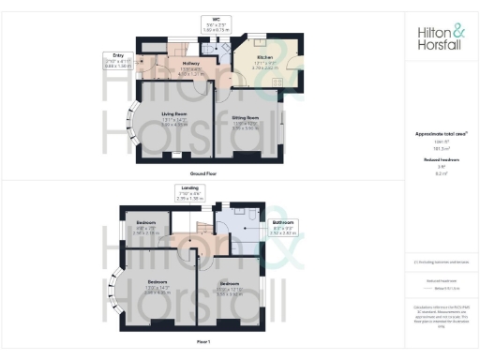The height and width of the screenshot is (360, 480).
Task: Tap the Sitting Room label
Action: coord(245,125)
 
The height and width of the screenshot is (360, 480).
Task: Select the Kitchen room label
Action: coord(267,59)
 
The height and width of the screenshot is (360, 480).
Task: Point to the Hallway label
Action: coord(193,67)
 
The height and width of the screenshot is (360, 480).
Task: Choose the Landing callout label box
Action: coord(189,192)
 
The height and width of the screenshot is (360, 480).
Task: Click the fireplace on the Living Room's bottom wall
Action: coord(174,157)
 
